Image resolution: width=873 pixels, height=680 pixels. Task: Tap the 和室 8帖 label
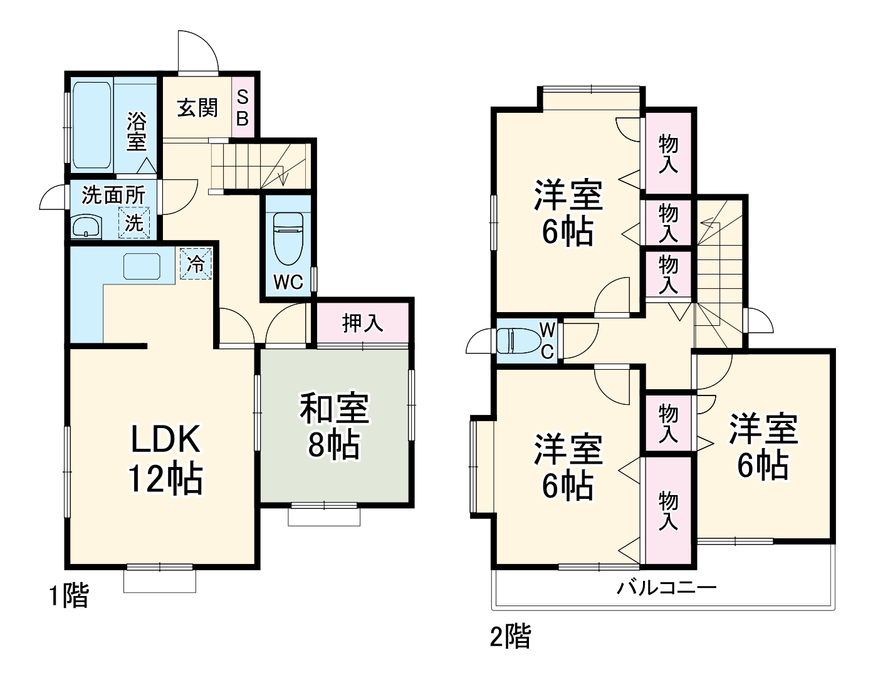click(x=333, y=426)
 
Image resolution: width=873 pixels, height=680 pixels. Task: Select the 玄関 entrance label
click(x=197, y=108)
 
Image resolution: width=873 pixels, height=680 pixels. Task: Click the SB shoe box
click(x=243, y=108)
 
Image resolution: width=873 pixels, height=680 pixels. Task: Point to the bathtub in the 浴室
click(x=91, y=125)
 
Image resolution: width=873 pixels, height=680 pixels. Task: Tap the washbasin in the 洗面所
click(x=87, y=226)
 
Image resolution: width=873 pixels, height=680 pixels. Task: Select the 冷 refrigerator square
click(x=196, y=264)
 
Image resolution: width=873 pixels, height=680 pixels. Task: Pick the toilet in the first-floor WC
click(x=288, y=238)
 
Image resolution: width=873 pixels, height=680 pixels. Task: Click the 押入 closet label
click(x=362, y=323)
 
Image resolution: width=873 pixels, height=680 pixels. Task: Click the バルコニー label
click(x=666, y=588)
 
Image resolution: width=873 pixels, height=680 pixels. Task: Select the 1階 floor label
click(x=69, y=595)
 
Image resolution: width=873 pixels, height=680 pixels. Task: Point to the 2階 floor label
click(x=510, y=637)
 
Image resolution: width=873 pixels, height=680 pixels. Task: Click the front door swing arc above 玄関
click(x=197, y=50)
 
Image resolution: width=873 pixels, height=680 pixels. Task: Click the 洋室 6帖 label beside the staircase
click(x=762, y=446)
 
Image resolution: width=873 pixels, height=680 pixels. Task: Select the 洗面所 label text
click(x=113, y=195)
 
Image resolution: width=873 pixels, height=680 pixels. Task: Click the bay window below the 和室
click(x=324, y=515)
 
